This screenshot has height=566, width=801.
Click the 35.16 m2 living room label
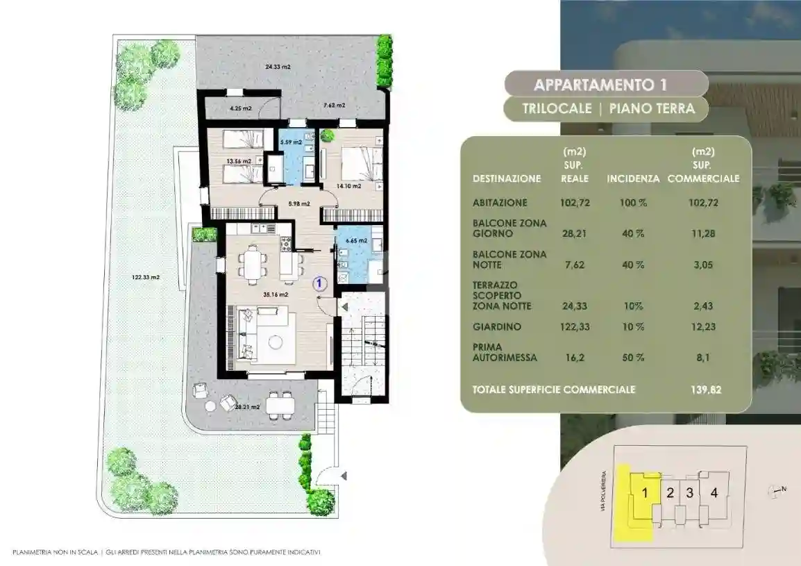tap(276, 294)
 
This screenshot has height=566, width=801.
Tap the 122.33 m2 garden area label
tap(146, 278)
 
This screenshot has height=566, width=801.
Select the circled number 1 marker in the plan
tap(319, 283)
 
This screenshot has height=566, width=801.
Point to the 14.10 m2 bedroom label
tap(348, 186)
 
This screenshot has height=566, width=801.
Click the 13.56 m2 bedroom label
tap(239, 162)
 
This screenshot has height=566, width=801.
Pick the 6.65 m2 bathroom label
tap(356, 240)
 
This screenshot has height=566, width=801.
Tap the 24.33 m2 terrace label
tap(278, 67)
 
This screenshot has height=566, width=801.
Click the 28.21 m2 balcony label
tap(247, 408)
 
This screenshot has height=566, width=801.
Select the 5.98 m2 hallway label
tap(299, 203)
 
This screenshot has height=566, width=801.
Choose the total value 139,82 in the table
tap(706, 390)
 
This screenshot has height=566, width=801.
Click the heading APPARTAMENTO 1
tap(601, 85)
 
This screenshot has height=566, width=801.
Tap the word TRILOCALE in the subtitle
tap(557, 108)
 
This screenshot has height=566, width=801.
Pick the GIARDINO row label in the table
tap(497, 326)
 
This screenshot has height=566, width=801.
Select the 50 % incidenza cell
tap(634, 358)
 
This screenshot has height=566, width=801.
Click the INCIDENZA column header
tap(634, 179)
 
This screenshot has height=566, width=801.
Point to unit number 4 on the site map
tap(714, 492)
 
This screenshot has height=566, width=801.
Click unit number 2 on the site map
tap(671, 493)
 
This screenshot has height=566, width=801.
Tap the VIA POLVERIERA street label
tap(605, 492)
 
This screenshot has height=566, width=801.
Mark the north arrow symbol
tap(777, 492)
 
